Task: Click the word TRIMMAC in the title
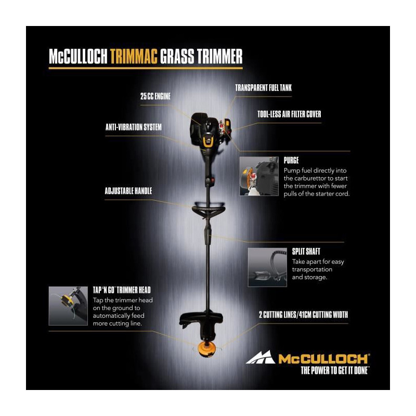coord(134,56)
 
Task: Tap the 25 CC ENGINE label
coord(155,96)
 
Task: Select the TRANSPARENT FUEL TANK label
coord(264,88)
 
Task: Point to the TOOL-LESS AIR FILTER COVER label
coord(289,114)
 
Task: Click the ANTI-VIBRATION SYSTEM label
coord(134,127)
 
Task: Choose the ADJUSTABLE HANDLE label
coord(128,191)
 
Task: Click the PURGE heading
coord(291,160)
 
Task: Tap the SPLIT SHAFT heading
coord(306,251)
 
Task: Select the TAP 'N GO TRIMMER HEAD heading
coord(122,290)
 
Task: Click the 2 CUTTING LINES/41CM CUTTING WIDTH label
coord(303,315)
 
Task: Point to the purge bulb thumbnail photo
coord(259,176)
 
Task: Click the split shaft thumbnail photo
coord(267,267)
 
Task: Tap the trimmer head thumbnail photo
coord(68,306)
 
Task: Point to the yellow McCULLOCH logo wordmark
coord(323,359)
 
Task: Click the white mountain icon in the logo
coord(261,357)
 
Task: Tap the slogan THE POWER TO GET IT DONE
coord(334,370)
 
